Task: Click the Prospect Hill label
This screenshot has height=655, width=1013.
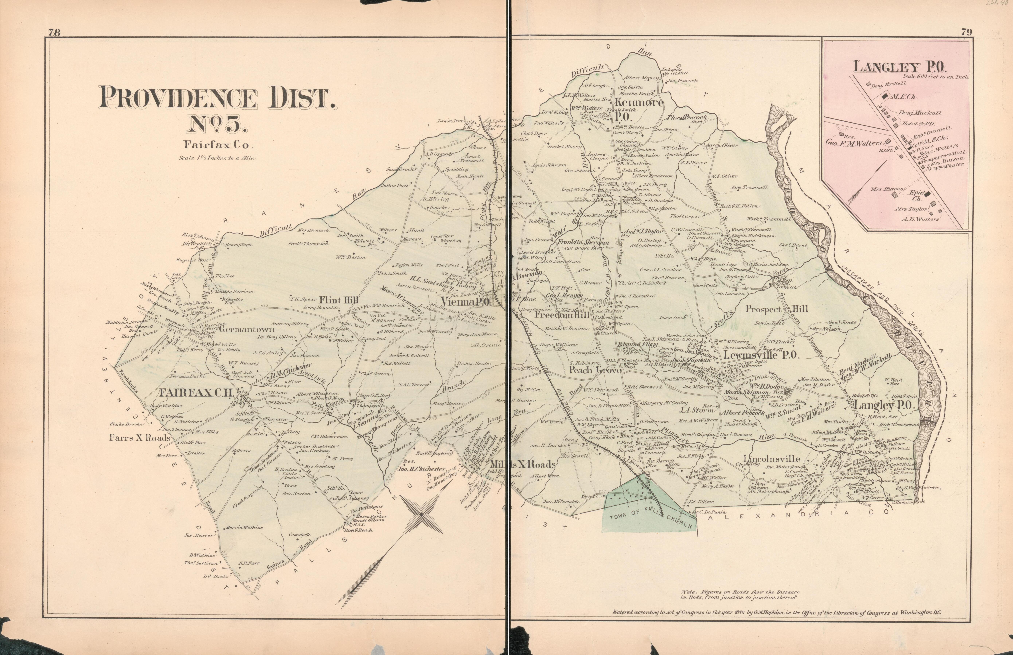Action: [776, 309]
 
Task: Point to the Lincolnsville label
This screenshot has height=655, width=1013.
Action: [771, 459]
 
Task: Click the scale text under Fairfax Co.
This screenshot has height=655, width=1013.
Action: [217, 158]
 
